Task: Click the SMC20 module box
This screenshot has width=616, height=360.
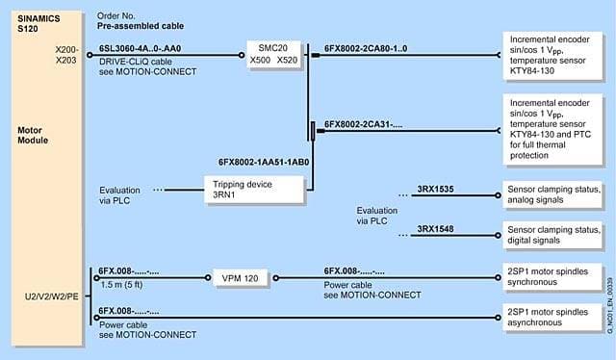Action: (x=273, y=54)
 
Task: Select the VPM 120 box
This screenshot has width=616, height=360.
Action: (x=240, y=278)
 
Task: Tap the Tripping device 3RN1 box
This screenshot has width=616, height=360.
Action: (x=254, y=190)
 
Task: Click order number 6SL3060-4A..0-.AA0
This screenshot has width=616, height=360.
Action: (x=141, y=49)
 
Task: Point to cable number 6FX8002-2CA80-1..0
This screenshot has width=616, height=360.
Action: (x=366, y=49)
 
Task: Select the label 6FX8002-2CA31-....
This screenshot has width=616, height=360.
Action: (x=364, y=124)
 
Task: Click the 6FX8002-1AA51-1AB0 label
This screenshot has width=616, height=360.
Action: (x=264, y=162)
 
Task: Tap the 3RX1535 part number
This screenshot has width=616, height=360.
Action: (x=435, y=189)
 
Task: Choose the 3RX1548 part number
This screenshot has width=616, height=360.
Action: (x=435, y=229)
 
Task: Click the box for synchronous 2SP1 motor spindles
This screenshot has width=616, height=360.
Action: (x=552, y=276)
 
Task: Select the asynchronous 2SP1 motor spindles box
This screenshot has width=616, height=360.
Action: (x=552, y=317)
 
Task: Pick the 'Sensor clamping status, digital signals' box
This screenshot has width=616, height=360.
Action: (x=552, y=235)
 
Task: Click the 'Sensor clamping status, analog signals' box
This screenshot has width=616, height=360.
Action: (x=552, y=194)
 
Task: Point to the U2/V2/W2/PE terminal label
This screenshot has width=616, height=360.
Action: (x=51, y=296)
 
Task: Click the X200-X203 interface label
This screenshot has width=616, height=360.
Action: (x=66, y=55)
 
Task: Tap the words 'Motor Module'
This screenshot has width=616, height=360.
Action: (x=33, y=135)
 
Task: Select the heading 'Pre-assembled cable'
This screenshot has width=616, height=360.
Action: (x=141, y=26)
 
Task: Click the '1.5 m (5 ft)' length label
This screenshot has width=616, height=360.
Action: (x=121, y=285)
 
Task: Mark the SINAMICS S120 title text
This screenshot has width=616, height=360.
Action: (x=38, y=23)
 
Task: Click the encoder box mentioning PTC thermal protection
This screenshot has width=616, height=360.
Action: (x=552, y=129)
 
